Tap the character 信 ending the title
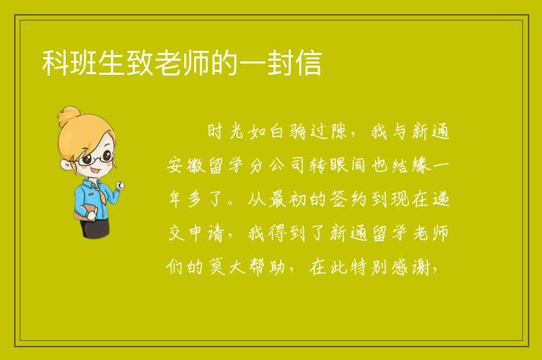click(x=308, y=63)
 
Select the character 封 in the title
click(x=281, y=63)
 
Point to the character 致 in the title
click(x=140, y=63)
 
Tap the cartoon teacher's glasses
click(x=95, y=158)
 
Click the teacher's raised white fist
click(x=120, y=186)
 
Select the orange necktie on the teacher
click(x=100, y=193)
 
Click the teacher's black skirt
click(x=95, y=227)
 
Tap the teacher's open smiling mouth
click(x=95, y=171)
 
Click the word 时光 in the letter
click(x=225, y=131)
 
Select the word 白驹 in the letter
click(x=288, y=131)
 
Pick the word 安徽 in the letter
click(x=186, y=165)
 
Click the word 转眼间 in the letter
click(x=337, y=165)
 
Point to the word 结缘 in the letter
click(x=411, y=165)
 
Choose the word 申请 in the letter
click(x=206, y=233)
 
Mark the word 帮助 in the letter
click(x=267, y=267)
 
